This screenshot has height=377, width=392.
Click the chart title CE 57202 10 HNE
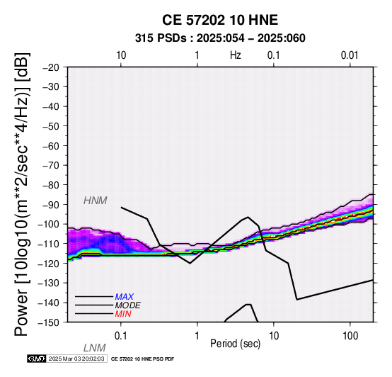[220, 20]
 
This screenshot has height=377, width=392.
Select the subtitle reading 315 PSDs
[161, 38]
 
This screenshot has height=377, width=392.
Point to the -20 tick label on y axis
[51, 67]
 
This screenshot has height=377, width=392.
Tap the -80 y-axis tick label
[51, 185]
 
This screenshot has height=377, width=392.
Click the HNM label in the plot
[96, 201]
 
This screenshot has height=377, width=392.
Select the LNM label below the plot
[95, 348]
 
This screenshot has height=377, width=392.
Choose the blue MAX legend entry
[125, 297]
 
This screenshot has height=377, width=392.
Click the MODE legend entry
[128, 305]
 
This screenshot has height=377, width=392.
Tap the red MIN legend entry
[123, 314]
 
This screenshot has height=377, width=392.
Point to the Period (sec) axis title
[235, 344]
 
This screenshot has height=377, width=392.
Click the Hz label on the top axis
[235, 55]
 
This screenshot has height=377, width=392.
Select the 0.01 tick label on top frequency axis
[350, 55]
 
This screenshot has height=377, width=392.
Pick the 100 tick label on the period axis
[350, 336]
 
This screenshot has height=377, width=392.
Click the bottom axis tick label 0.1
[121, 336]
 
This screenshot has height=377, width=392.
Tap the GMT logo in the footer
[37, 359]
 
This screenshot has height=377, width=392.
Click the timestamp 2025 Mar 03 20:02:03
[76, 359]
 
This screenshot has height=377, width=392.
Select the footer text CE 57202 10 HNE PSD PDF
[142, 359]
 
